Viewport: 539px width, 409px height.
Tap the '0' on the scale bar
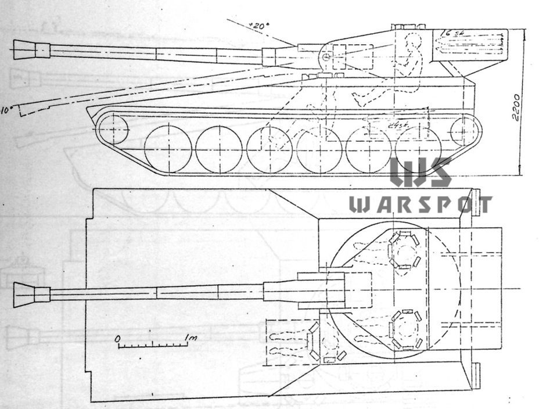117,338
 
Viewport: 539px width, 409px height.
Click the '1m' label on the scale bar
190,338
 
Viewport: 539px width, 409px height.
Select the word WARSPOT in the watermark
420,204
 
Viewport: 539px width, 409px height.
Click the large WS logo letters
420,172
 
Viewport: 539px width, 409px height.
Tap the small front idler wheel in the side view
113,129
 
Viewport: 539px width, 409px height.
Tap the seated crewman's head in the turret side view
413,41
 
